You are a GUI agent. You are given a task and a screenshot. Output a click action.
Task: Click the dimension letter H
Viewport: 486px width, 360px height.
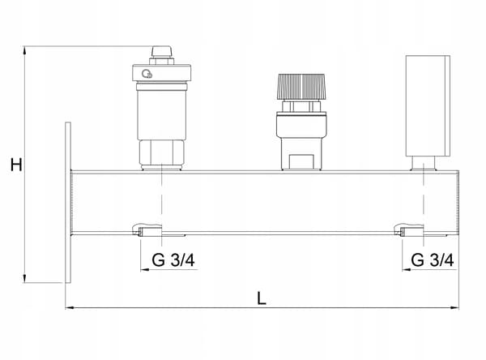[16, 165]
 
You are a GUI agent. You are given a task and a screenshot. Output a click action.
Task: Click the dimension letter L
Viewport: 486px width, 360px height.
[262, 298]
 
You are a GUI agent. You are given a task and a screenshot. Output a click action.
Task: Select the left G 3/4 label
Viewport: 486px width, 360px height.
[173, 259]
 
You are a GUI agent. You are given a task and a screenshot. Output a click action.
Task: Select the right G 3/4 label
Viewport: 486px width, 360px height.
[433, 259]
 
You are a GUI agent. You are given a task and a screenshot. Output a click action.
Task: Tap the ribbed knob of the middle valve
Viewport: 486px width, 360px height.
[301, 87]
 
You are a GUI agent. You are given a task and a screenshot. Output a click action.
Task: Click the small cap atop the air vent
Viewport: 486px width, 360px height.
[161, 52]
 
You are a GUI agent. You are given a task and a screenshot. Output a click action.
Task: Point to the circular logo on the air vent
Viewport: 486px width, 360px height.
[147, 74]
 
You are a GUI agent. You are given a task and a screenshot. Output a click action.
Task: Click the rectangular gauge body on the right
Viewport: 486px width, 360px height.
[428, 106]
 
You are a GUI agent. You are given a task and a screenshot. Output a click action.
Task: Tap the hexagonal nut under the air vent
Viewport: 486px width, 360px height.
[161, 153]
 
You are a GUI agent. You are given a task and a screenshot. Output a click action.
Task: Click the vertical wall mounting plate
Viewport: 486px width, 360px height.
[68, 203]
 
